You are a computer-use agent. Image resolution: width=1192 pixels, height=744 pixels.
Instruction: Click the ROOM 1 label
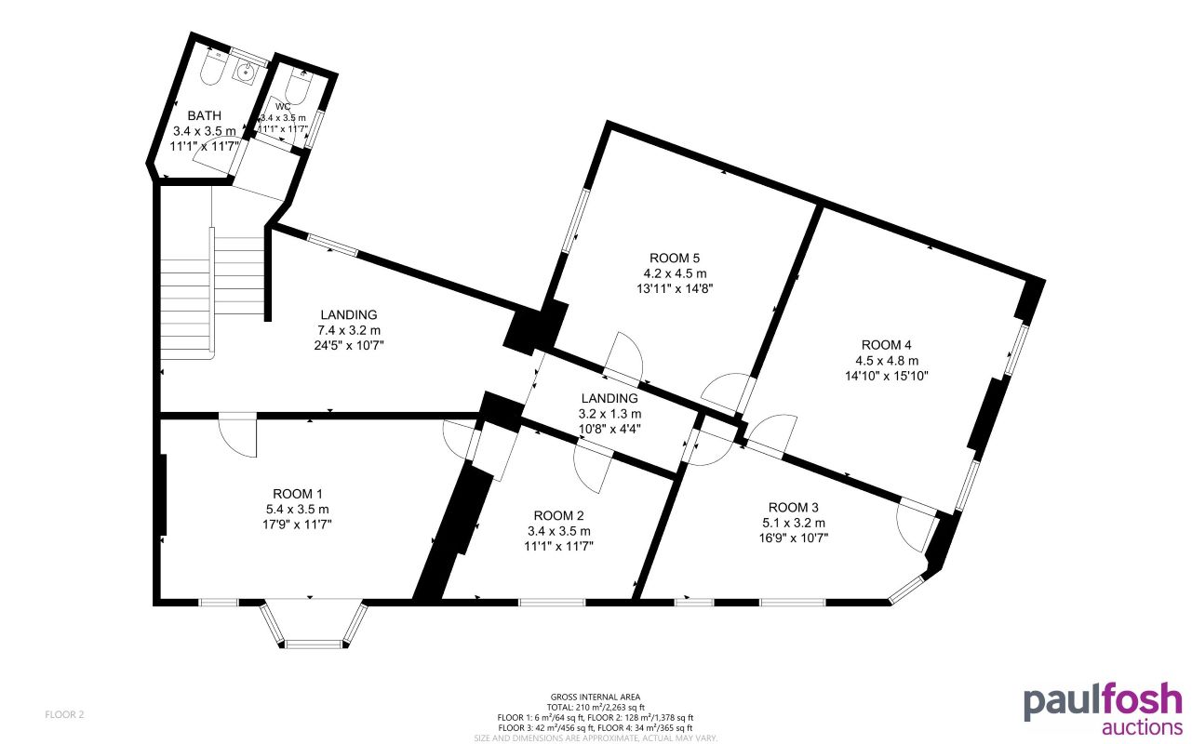click(x=298, y=494)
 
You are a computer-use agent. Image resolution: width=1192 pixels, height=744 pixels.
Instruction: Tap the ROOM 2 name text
click(x=559, y=516)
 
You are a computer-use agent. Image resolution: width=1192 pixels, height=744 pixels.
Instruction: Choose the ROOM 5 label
click(x=674, y=258)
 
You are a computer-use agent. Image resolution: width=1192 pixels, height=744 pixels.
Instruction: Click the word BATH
click(x=204, y=115)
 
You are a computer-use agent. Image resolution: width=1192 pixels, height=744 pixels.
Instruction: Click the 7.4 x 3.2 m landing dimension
click(x=350, y=330)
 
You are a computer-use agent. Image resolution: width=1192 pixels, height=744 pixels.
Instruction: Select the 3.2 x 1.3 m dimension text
click(x=608, y=414)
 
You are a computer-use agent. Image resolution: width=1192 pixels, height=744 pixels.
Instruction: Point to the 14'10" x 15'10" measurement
click(x=887, y=376)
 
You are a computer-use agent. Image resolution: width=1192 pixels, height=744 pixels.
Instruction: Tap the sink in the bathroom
click(x=248, y=70)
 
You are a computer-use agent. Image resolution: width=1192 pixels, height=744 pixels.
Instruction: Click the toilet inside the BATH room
click(x=211, y=69)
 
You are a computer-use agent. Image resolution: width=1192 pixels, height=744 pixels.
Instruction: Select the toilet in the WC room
click(x=297, y=86)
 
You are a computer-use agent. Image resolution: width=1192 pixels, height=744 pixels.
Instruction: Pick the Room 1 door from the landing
click(x=237, y=434)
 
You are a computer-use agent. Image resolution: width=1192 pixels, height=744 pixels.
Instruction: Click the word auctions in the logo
click(x=1142, y=726)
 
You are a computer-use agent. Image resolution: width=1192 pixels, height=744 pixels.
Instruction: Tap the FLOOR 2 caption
click(x=65, y=714)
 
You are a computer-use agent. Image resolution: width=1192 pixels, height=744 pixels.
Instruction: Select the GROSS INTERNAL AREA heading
click(x=596, y=697)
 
